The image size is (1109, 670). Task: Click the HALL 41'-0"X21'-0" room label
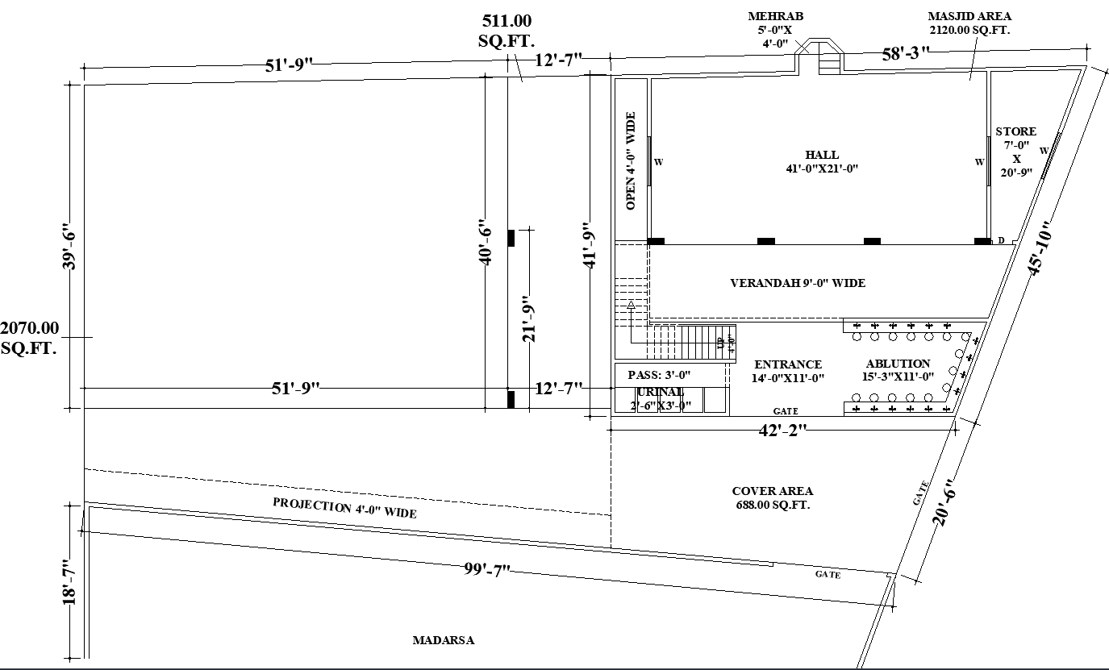tap(821, 161)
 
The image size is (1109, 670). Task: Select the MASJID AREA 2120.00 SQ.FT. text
tap(969, 23)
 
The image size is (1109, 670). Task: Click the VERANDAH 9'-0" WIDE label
tap(797, 283)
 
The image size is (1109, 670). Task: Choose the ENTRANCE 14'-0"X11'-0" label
tap(787, 371)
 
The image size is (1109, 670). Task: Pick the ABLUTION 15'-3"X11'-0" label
tap(898, 370)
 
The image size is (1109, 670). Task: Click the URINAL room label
tap(661, 393)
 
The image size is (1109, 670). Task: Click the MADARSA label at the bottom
tap(443, 641)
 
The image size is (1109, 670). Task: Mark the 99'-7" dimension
tap(487, 570)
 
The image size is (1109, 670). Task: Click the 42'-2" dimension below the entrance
tap(782, 431)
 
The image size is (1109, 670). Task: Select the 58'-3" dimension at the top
tap(905, 54)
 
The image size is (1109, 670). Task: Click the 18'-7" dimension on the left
tap(72, 582)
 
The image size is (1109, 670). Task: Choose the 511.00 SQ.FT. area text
tap(507, 31)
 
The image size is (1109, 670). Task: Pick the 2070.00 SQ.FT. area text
tap(30, 338)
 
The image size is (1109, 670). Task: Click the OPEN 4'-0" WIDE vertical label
tap(632, 161)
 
